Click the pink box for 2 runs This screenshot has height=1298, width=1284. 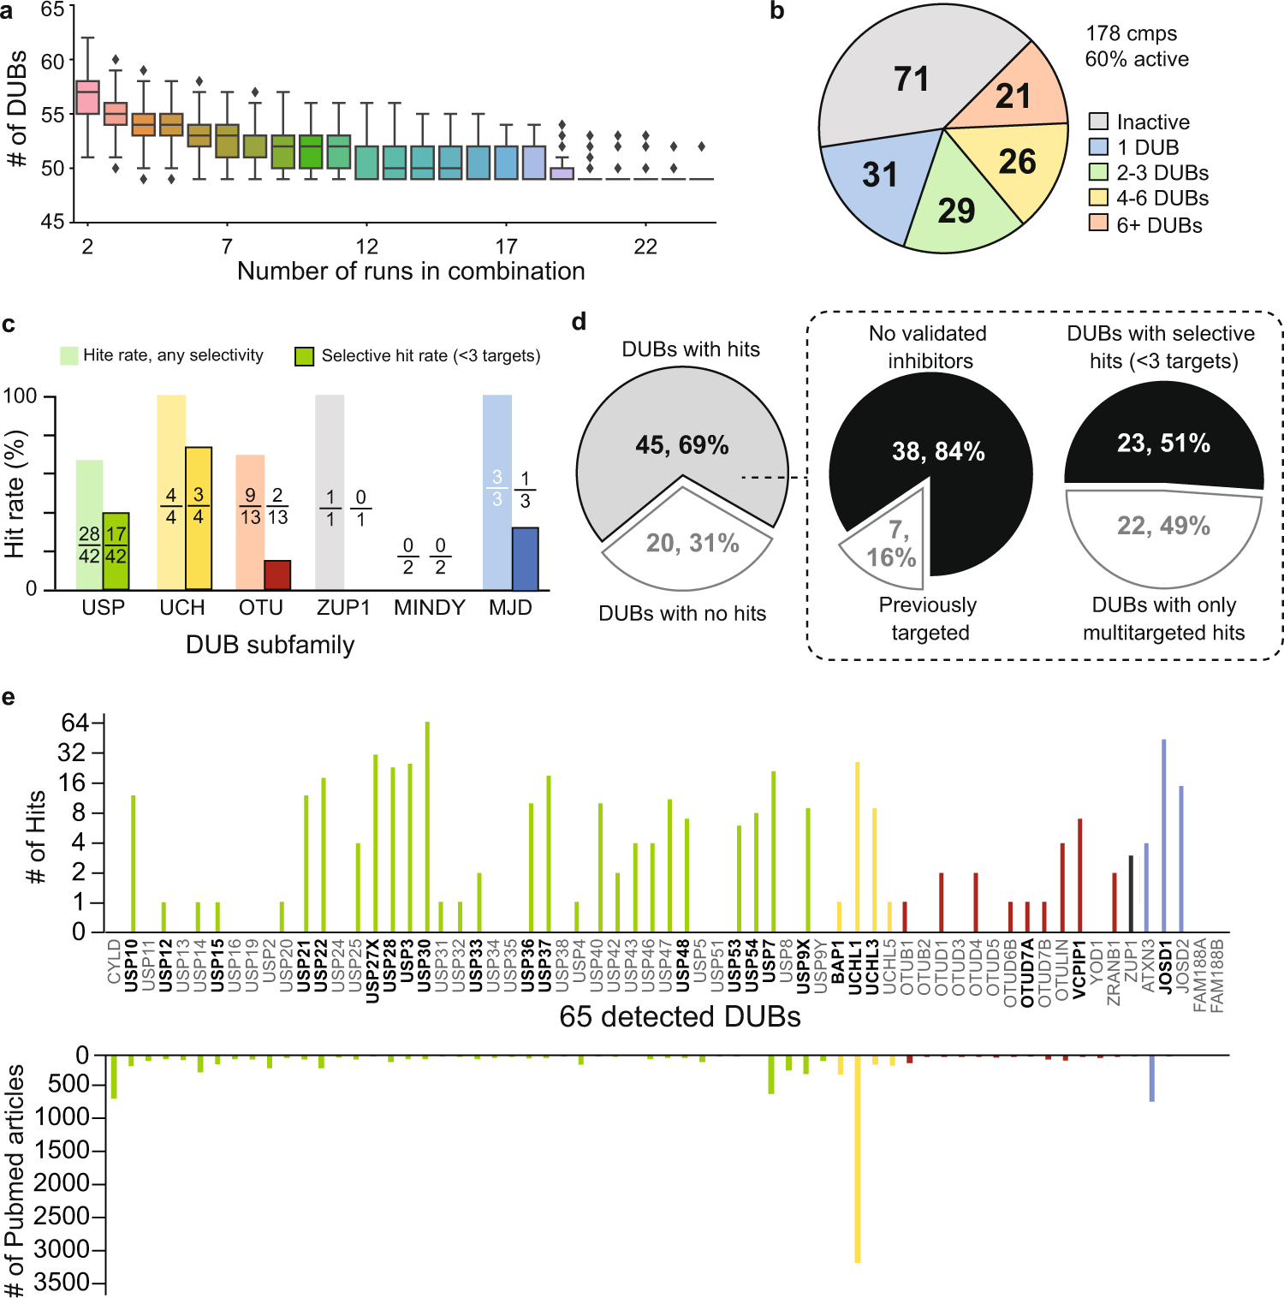coord(87,98)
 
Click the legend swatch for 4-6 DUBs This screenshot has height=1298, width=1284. coord(1098,198)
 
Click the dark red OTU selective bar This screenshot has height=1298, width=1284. coord(277,575)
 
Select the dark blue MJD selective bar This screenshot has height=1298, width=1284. coord(525,559)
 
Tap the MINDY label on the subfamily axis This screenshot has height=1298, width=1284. coord(429,608)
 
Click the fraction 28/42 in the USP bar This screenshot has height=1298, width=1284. coord(89,545)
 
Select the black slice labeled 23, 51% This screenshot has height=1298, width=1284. coord(1162,444)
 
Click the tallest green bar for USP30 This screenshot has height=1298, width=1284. coord(427,826)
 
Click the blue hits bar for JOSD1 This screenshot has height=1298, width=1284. coord(1163,835)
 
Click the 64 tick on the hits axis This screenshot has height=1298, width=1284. coord(74,723)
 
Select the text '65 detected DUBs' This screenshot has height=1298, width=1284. coord(680,1016)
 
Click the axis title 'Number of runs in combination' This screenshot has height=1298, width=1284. coord(411,271)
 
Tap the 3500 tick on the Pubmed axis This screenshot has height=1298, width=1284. coord(62,1283)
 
